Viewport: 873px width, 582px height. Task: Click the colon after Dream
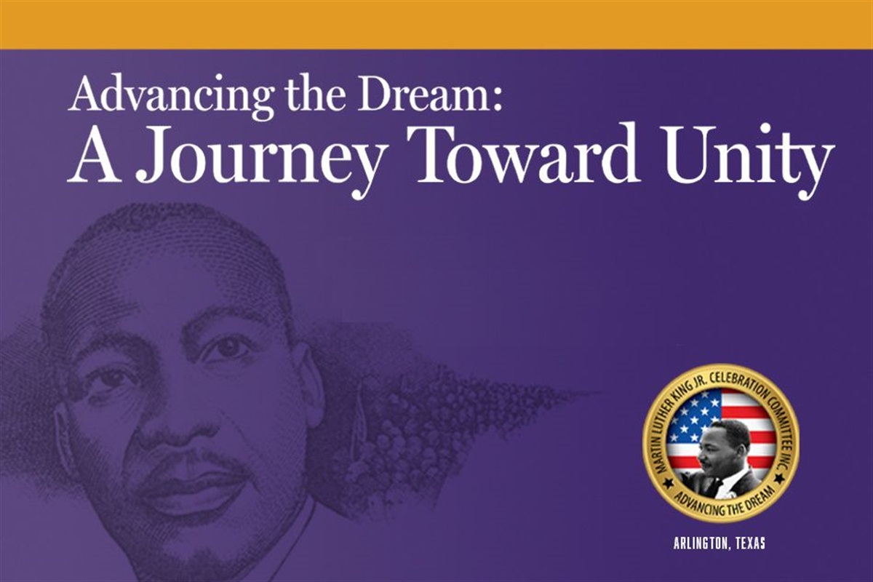pos(497,99)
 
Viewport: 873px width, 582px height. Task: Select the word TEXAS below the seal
pos(749,543)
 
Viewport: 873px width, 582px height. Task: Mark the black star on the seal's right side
pos(779,478)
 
